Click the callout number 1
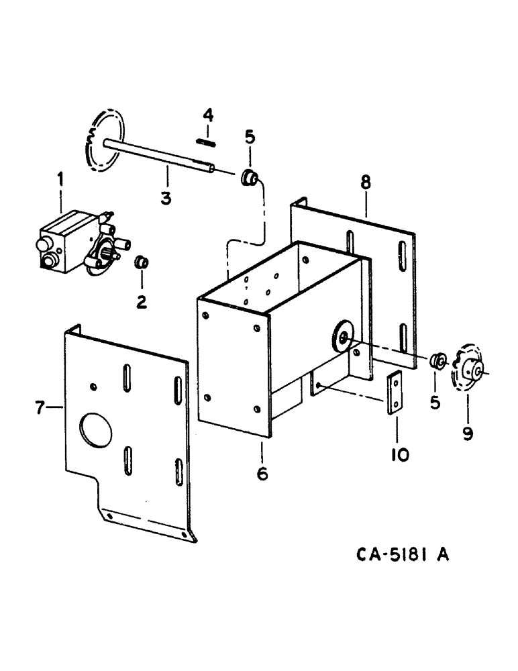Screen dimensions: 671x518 [60, 179]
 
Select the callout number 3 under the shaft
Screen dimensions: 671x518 [166, 198]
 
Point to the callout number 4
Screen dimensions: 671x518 [209, 115]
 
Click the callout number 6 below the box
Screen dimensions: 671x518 [262, 474]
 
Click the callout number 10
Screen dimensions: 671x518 [400, 455]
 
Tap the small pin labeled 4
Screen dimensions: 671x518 [206, 141]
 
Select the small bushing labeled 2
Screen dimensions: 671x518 [142, 262]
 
